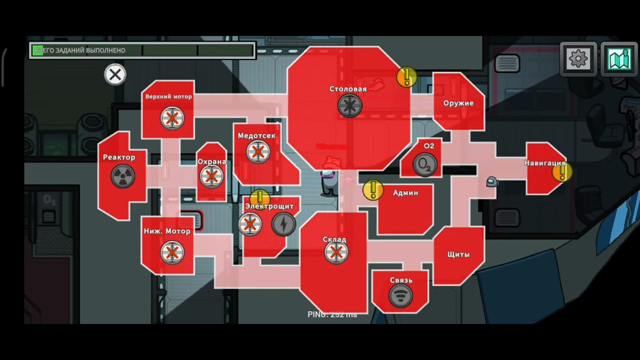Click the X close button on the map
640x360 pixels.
115,75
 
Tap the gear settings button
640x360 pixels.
578,59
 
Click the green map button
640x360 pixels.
619,59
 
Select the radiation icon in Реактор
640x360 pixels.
122,176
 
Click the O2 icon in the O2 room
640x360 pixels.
425,164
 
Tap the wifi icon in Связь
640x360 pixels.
400,295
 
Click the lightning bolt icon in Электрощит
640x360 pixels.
283,224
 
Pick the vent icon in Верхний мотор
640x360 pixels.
172,118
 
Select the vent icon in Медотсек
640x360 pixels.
258,152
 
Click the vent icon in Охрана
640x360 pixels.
211,176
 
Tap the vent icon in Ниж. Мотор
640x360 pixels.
172,252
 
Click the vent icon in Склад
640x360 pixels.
336,252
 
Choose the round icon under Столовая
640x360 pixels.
349,105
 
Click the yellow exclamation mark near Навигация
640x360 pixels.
562,172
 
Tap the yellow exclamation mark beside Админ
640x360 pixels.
372,190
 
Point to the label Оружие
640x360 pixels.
458,103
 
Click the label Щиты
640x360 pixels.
458,254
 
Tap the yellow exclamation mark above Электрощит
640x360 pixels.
259,197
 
